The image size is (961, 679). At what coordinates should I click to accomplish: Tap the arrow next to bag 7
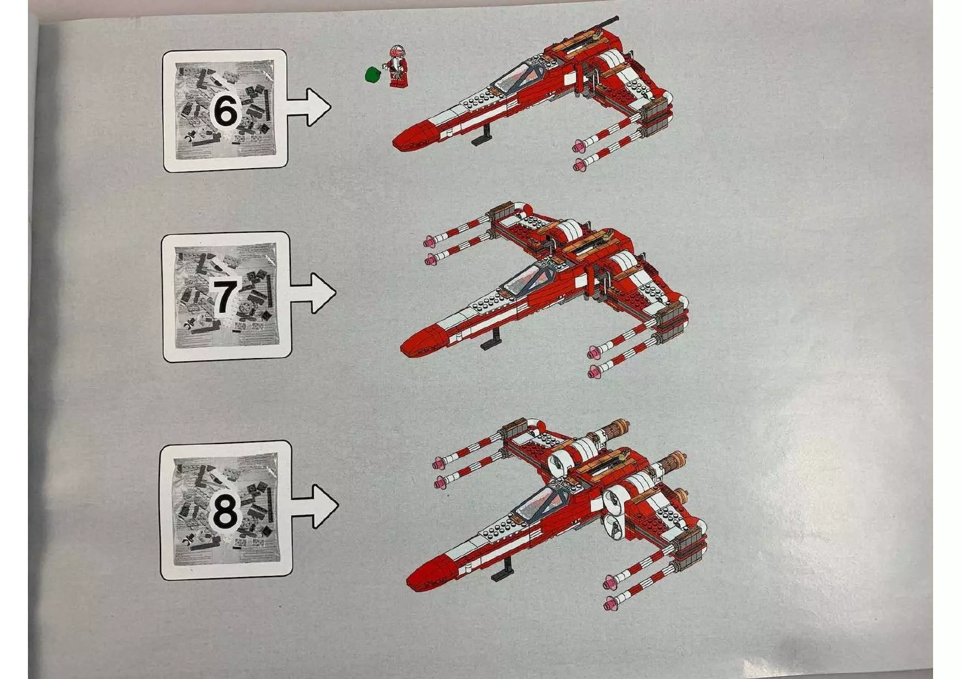click(x=315, y=293)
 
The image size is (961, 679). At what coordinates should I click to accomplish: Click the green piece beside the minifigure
click(x=372, y=73)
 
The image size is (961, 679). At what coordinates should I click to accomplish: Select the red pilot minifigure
click(x=398, y=66)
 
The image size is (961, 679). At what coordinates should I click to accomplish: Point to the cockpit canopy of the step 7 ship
click(x=526, y=279)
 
